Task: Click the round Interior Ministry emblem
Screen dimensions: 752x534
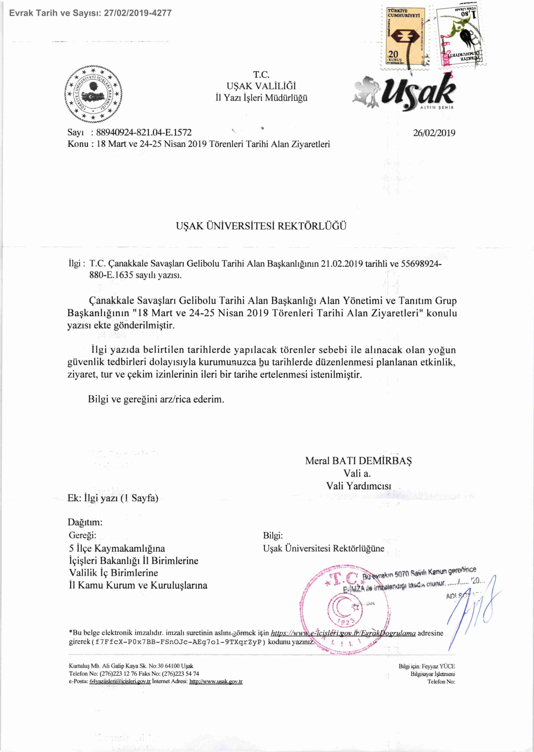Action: point(93,94)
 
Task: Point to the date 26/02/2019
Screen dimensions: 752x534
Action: point(434,133)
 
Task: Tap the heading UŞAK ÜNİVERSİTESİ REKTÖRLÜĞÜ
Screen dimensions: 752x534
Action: point(261,226)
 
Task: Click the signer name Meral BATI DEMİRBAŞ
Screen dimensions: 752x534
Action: point(358,461)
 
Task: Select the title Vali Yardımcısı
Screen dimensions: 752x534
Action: point(358,486)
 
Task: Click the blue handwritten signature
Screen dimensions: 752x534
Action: point(473,608)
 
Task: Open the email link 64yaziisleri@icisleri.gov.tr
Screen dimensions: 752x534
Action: point(120,682)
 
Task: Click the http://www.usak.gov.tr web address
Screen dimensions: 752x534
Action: point(216,682)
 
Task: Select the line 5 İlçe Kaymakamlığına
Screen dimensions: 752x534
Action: point(117,548)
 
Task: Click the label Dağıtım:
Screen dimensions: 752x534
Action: point(85,522)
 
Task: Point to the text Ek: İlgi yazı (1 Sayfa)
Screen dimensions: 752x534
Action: point(113,498)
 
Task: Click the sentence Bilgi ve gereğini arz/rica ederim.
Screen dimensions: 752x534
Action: point(156,399)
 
